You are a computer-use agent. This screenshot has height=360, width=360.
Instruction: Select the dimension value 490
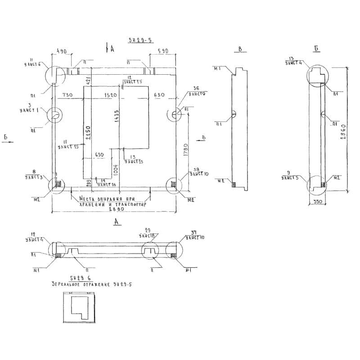pyautogui.click(x=62, y=51)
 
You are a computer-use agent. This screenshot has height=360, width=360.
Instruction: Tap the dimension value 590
pyautogui.click(x=162, y=51)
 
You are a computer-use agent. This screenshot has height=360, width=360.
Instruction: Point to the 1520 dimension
pyautogui.click(x=110, y=95)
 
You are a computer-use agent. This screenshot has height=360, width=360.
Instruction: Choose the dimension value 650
pyautogui.click(x=99, y=154)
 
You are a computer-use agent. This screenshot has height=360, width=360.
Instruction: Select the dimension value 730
pyautogui.click(x=67, y=95)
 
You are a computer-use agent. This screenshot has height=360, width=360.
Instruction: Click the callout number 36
pyautogui.click(x=196, y=89)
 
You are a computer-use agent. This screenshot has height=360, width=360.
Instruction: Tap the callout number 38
pyautogui.click(x=196, y=169)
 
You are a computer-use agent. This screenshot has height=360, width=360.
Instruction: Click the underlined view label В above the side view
pyautogui.click(x=240, y=49)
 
